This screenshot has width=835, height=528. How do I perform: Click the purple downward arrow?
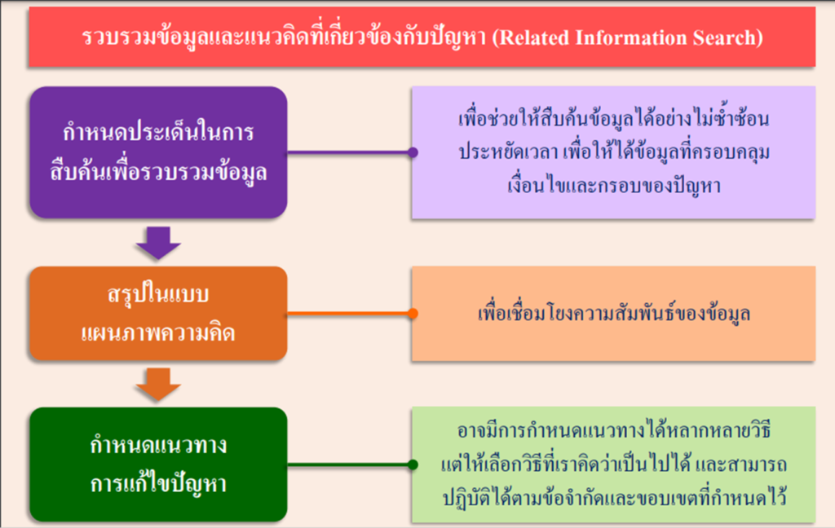pos(158,244)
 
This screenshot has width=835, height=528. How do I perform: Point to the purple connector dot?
pos(413,152)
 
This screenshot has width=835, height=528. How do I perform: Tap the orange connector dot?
pos(413,314)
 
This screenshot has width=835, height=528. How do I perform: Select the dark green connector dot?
pos(413,464)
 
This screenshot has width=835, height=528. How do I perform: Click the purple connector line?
pos(349,152)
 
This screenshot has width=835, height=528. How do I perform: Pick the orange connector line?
pos(349,314)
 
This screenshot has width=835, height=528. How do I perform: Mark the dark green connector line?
pos(349,464)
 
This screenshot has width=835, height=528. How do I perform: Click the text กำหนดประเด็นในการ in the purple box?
pos(158,131)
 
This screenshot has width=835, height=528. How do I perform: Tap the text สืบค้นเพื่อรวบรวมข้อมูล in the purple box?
pos(158,171)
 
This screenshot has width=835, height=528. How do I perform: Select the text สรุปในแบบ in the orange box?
pos(158,294)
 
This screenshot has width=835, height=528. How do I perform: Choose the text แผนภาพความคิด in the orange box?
pos(158,333)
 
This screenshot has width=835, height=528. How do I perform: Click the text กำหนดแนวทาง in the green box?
pos(158,445)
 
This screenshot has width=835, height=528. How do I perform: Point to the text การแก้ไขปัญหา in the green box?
pos(158,484)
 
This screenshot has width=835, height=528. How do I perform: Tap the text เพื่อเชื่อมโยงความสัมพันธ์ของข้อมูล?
pos(613,313)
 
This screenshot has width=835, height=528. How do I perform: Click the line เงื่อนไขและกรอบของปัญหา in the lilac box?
pos(613,185)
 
